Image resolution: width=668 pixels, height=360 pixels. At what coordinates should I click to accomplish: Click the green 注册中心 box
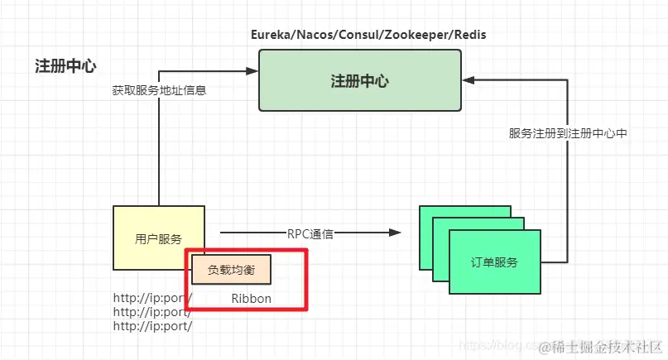[x=360, y=81]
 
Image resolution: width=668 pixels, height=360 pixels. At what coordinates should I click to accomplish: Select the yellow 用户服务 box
[x=158, y=238]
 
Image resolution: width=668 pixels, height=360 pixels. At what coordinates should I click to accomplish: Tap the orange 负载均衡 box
[x=231, y=270]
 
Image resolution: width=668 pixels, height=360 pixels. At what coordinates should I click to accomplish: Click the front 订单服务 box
[x=495, y=262]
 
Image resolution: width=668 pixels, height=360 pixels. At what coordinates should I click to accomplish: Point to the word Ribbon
[x=251, y=299]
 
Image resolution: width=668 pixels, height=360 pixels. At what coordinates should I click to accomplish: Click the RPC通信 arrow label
[x=310, y=234]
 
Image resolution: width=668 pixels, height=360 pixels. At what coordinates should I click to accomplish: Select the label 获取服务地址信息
[x=159, y=90]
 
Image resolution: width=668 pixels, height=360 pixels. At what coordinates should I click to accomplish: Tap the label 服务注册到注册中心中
[x=569, y=133]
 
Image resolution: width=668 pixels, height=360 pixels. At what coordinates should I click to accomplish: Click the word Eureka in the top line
[x=272, y=36]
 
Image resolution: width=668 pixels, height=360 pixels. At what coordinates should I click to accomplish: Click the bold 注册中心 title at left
[x=65, y=66]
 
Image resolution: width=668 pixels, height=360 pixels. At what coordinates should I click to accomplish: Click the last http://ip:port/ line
[x=153, y=326]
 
